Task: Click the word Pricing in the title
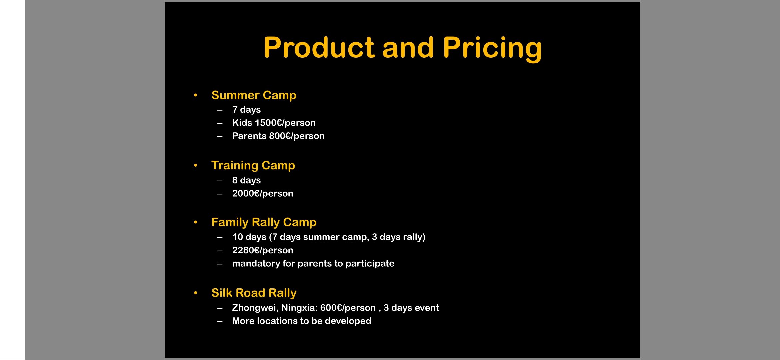pos(492,49)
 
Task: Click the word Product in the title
pos(319,48)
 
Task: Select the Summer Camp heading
pos(254,95)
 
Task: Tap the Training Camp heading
pos(253,166)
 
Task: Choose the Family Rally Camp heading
pos(264,222)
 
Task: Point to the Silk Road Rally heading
pos(254,293)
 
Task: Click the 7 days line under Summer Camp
pos(246,110)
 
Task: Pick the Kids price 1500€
pos(268,123)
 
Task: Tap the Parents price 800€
pos(280,136)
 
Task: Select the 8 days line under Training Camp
pos(246,180)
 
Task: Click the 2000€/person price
pos(263,194)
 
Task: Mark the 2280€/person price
pos(263,250)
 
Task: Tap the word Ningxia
pos(299,308)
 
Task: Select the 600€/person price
pos(348,308)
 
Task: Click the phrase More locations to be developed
pos(301,321)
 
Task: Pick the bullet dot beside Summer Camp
pos(196,96)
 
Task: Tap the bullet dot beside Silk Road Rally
pos(196,293)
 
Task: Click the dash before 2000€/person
pos(220,194)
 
